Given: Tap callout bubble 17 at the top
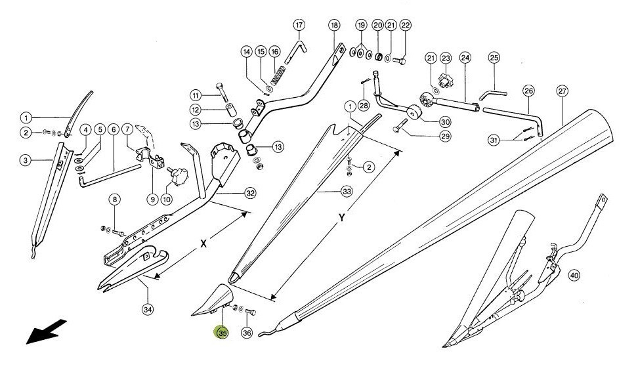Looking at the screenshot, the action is pos(299,25).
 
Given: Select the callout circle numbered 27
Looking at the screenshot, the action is pos(562,91).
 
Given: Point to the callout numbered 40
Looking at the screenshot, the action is pos(574,276).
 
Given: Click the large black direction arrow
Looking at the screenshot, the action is pos(45,331).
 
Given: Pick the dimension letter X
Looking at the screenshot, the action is pos(204,243).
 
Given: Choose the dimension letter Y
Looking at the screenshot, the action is pos(343,218).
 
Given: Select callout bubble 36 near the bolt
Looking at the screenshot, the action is pos(247,333).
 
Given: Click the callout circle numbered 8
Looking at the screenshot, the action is pos(115,199).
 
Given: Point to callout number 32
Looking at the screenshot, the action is pos(250,193).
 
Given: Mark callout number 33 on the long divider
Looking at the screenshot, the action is pos(347,191).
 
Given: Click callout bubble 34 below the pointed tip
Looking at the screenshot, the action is pos(148,310).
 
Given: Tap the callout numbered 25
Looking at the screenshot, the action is pos(494,58).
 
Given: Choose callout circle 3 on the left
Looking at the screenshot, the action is pos(26,160).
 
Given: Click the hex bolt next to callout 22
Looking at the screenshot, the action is pos(400,61).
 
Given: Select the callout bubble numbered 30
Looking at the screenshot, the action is pos(446,121).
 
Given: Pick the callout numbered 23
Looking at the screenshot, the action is pos(446,58).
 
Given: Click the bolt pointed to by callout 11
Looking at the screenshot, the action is pos(221,92).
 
